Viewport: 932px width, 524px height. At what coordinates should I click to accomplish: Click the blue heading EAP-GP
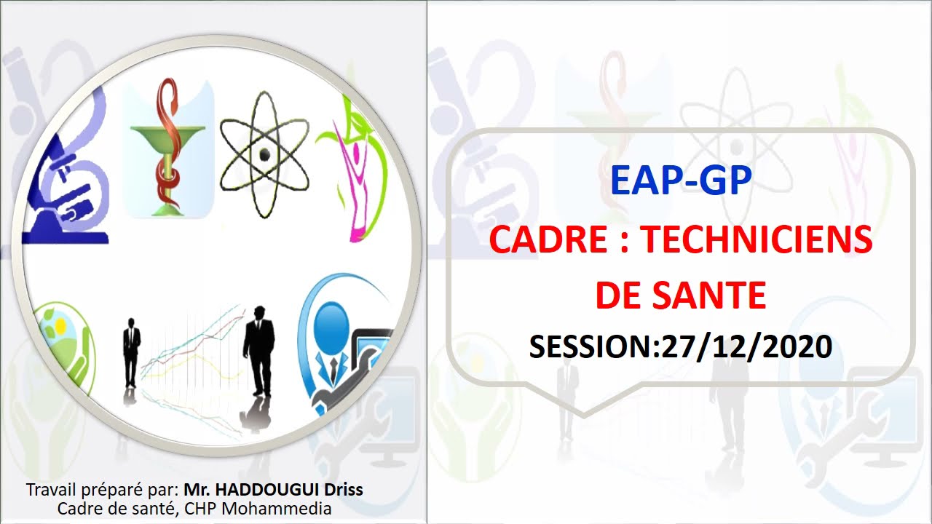coord(680,180)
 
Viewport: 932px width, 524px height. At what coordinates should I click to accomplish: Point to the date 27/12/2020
coord(746,347)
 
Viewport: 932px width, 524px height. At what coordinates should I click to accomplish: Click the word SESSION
coord(593,347)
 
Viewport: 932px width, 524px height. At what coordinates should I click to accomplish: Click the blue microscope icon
coord(66,182)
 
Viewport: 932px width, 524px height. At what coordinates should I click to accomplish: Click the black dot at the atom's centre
coord(264,154)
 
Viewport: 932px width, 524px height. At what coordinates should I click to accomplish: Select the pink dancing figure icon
coord(353,175)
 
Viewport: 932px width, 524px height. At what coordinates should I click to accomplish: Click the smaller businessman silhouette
coord(131,353)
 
